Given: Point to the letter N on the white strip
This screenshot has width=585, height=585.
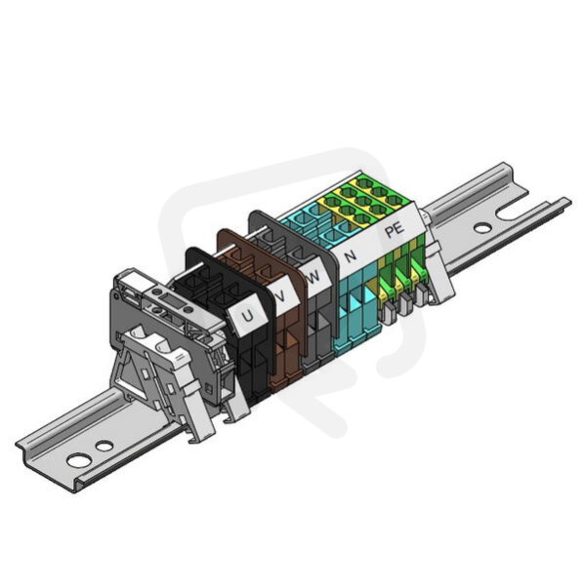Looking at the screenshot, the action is (x=350, y=255).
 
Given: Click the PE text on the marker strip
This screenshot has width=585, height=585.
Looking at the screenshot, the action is (x=395, y=229).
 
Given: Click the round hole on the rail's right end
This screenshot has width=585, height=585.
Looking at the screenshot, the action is (x=482, y=227).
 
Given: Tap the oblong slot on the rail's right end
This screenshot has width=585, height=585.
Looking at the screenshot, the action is (x=509, y=214).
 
